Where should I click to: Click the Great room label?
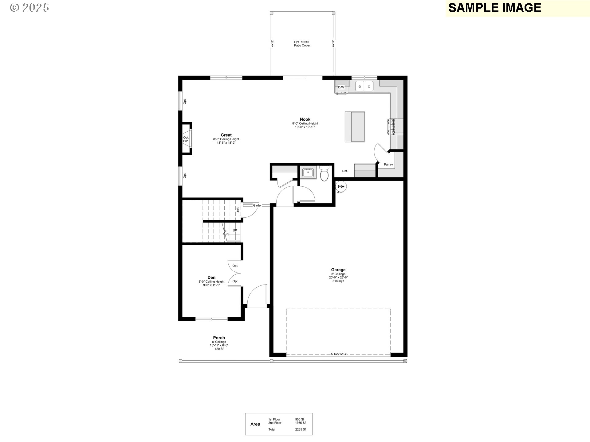226,135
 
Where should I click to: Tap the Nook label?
305,119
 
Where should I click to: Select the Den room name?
211,277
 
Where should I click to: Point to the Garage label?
338,270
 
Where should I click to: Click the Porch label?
219,338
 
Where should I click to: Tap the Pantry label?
388,165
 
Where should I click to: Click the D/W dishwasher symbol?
341,87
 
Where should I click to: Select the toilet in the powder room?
324,173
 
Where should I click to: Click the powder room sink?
308,173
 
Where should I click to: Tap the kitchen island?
355,127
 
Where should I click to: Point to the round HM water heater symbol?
341,186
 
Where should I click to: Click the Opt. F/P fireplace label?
186,139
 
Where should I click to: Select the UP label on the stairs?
235,231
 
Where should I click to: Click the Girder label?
258,205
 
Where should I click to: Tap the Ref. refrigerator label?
345,171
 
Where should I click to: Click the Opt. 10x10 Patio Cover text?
302,44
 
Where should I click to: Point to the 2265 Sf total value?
301,429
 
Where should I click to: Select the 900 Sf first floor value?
300,419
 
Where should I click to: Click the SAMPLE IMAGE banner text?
495,8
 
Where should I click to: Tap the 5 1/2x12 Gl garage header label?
339,354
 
